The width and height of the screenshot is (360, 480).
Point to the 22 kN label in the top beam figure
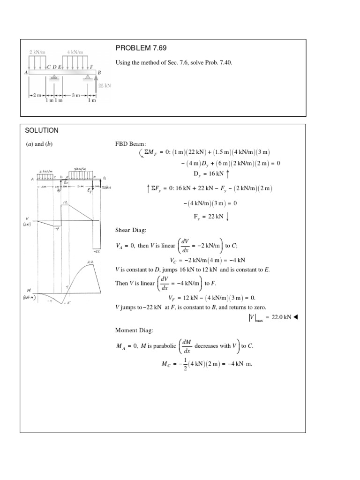click(x=104, y=86)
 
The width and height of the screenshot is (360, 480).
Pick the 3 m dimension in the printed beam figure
click(x=75, y=95)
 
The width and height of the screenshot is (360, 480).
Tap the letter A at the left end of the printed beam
click(x=26, y=73)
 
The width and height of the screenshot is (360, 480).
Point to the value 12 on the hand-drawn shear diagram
click(x=65, y=202)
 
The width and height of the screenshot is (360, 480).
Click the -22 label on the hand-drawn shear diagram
click(x=97, y=251)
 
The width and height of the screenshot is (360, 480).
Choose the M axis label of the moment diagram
click(x=30, y=291)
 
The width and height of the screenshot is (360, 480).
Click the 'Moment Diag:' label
click(x=134, y=330)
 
